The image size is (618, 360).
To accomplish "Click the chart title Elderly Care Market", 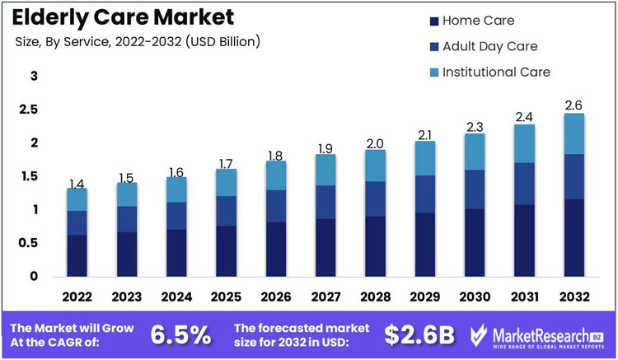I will pyautogui.click(x=123, y=16).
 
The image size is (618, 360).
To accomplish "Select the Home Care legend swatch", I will pyautogui.click(x=433, y=20).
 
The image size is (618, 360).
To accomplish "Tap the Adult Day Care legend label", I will pyautogui.click(x=489, y=46).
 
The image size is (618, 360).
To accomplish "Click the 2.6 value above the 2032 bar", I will pyautogui.click(x=574, y=105).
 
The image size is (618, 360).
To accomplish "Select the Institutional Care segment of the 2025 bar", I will pyautogui.click(x=226, y=183).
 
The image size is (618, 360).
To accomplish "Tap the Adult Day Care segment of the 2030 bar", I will pyautogui.click(x=475, y=189).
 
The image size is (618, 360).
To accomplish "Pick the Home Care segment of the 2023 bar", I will pyautogui.click(x=126, y=254).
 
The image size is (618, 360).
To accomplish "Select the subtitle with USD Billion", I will pyautogui.click(x=138, y=42).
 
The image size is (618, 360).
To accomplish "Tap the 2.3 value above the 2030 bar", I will pyautogui.click(x=475, y=126).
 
